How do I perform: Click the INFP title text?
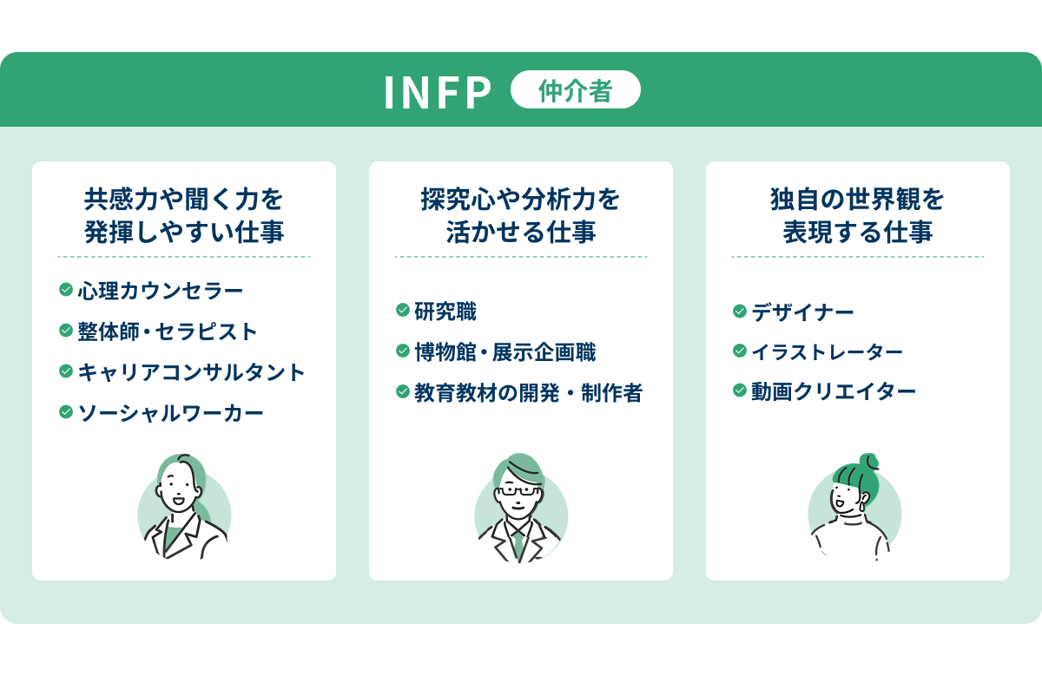438,93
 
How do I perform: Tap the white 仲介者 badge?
575,90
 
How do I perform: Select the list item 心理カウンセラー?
160,290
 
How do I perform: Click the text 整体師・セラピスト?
168,331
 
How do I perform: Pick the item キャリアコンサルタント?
192,371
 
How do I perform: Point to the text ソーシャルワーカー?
170,412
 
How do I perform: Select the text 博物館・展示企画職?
505,351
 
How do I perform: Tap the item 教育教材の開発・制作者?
528,392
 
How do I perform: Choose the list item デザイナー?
802,311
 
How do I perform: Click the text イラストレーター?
827,351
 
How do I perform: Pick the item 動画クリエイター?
834,392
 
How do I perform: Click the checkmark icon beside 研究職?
402,310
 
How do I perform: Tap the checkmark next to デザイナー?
739,310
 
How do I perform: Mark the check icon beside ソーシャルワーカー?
65,411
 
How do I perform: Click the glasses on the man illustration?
518,490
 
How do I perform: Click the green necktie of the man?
518,543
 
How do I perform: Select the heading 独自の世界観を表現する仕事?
857,216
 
